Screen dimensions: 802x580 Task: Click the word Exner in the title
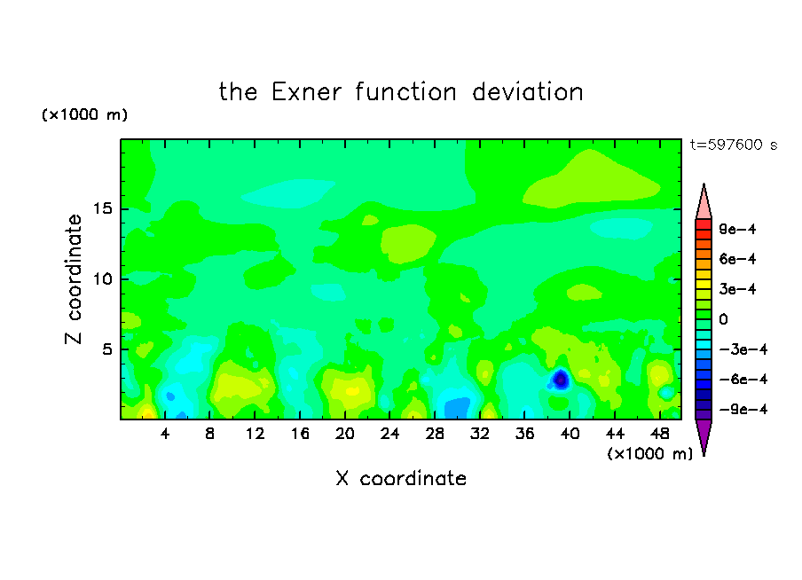(x=306, y=92)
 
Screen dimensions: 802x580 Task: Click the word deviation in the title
(x=528, y=92)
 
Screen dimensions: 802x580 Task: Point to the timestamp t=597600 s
(x=734, y=145)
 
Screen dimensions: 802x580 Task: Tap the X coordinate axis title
(x=401, y=478)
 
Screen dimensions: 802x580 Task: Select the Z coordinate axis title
(x=74, y=278)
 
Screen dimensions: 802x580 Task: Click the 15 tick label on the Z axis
(x=102, y=208)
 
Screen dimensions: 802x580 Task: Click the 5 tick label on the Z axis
(x=106, y=349)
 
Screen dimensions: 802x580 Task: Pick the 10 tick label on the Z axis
(x=102, y=279)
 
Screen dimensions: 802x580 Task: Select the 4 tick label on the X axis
(x=165, y=435)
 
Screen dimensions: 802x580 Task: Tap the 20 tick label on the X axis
(x=345, y=435)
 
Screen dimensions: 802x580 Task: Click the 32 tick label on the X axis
(x=480, y=435)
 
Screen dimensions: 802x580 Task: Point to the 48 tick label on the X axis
(x=660, y=435)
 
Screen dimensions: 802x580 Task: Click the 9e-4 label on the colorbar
(x=737, y=229)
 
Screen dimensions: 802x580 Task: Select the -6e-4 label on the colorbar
(x=743, y=380)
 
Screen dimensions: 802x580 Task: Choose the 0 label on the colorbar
(x=723, y=319)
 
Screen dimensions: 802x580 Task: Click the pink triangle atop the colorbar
(x=704, y=203)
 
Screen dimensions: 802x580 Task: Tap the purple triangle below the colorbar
(x=704, y=436)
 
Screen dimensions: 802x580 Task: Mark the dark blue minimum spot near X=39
(x=561, y=380)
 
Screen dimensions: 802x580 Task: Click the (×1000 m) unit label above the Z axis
(x=85, y=114)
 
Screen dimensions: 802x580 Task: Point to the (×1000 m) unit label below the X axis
(x=649, y=454)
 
